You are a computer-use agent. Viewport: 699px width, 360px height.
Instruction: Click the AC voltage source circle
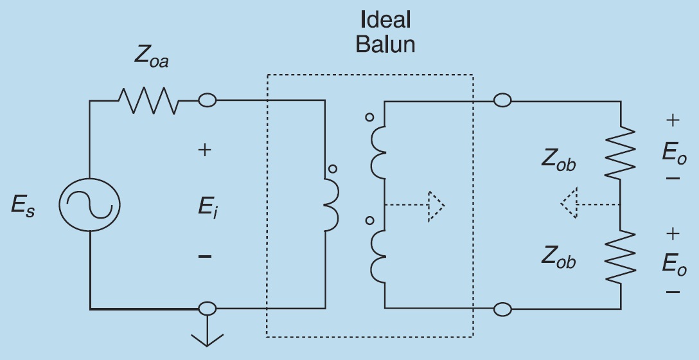click(59, 205)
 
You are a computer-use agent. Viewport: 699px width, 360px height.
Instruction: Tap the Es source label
click(22, 206)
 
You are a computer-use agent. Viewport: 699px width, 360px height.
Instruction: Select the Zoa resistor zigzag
click(148, 101)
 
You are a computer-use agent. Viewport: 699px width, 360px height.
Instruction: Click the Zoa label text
click(151, 58)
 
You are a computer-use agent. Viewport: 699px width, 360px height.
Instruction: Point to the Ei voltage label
click(208, 208)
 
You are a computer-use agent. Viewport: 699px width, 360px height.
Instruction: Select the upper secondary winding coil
click(378, 152)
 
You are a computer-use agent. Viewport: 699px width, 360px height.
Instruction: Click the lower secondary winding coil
click(378, 256)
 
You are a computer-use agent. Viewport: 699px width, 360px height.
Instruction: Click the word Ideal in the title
click(385, 20)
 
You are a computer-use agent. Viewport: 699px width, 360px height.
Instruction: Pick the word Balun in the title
click(385, 44)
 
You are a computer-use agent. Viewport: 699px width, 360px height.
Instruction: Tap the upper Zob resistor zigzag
click(620, 152)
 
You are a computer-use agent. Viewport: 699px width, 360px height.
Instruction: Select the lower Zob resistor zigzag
click(620, 256)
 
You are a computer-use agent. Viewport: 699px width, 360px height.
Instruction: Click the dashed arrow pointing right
click(414, 206)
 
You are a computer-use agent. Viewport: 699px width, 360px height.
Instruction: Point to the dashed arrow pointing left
click(590, 203)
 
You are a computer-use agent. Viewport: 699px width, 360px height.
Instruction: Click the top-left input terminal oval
click(208, 100)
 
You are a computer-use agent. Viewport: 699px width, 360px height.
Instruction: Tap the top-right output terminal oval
click(502, 100)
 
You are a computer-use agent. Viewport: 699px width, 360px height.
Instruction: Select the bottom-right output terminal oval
click(502, 309)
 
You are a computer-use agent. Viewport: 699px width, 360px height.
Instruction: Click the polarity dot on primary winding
click(333, 169)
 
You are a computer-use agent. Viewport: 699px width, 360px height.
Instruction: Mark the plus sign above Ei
click(204, 150)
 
